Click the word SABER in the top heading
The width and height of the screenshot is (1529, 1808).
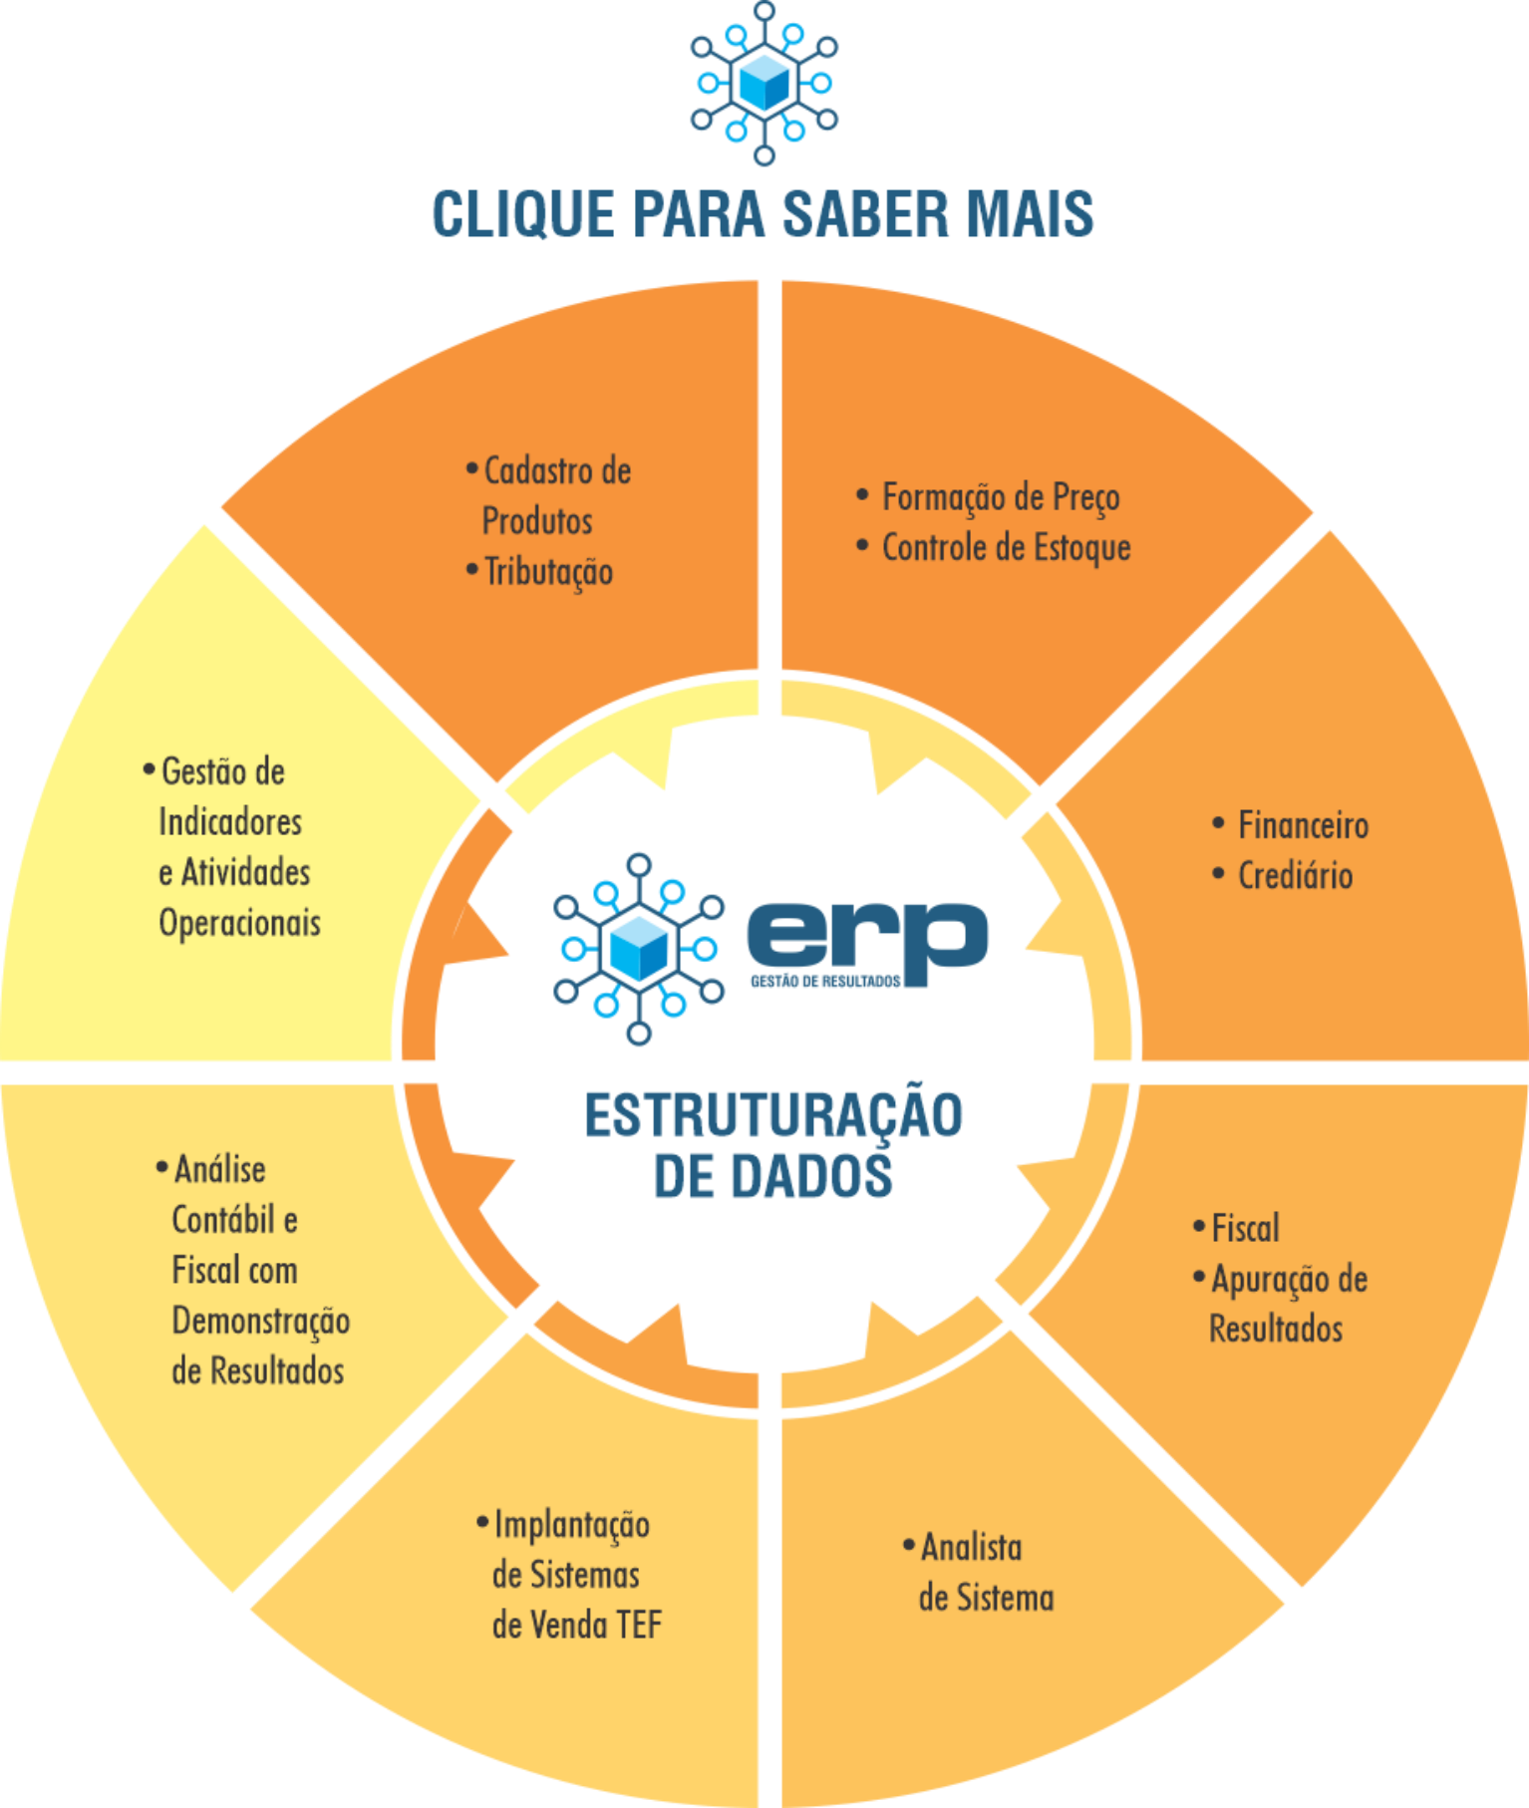864,213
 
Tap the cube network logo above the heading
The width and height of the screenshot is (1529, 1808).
764,83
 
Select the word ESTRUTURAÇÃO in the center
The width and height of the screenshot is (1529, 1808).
773,1115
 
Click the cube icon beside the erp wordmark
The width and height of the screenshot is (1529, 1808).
639,949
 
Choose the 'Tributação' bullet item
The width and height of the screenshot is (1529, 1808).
548,572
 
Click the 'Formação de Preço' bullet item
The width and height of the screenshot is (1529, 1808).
1001,497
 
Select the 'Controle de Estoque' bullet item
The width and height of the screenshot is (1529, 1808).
1006,547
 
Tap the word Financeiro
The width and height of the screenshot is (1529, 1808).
1303,825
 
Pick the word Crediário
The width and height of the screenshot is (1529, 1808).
1295,876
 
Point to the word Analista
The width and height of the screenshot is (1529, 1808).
971,1548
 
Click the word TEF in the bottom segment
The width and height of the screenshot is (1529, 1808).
639,1626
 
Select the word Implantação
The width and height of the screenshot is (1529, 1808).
572,1525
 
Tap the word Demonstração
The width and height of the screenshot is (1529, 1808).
261,1322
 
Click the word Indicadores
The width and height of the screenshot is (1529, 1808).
230,822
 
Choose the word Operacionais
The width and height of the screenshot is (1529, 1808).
240,923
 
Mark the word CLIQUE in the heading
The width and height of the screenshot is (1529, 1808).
523,213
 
